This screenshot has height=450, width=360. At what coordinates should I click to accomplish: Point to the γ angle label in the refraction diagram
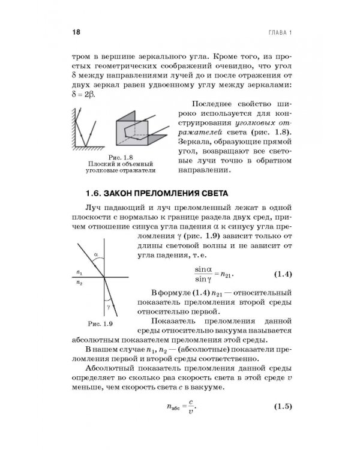click(x=109, y=305)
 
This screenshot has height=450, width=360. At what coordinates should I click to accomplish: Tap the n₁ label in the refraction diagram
click(x=79, y=272)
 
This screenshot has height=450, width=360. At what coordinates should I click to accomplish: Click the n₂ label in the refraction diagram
click(x=79, y=281)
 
